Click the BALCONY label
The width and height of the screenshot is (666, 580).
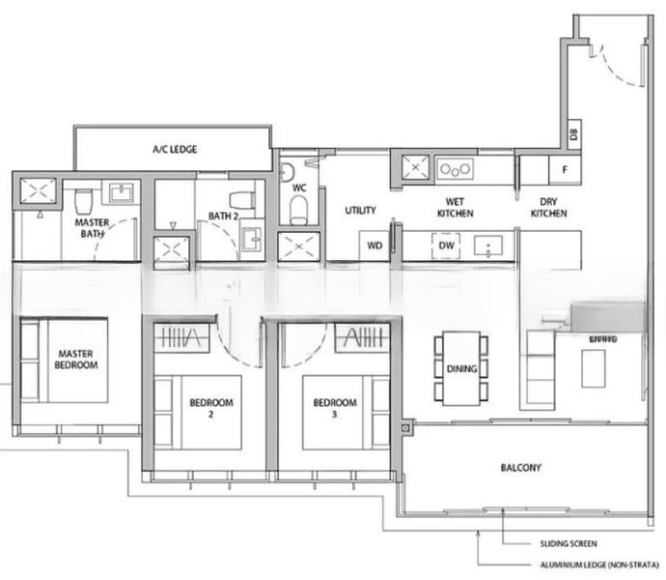(x=520, y=468)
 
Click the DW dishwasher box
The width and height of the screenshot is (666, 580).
(x=446, y=246)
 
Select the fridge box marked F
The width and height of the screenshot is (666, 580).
(x=564, y=170)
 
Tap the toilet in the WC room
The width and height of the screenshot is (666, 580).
(x=299, y=206)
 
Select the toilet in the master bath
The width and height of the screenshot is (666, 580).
(x=84, y=201)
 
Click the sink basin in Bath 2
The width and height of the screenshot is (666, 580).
(x=253, y=237)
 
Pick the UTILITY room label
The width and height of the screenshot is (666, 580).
(x=360, y=210)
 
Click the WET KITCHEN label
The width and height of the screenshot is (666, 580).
(x=455, y=208)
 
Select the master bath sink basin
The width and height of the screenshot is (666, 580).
(x=123, y=191)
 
